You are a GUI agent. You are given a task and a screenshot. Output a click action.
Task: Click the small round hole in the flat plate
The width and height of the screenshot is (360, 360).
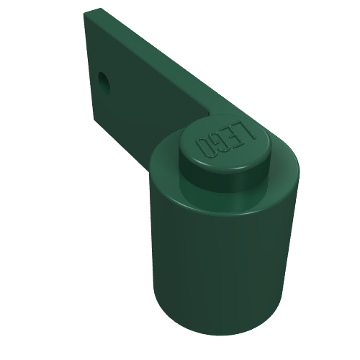(104, 82)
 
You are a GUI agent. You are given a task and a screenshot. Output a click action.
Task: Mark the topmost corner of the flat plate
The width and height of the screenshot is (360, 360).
(100, 8)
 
